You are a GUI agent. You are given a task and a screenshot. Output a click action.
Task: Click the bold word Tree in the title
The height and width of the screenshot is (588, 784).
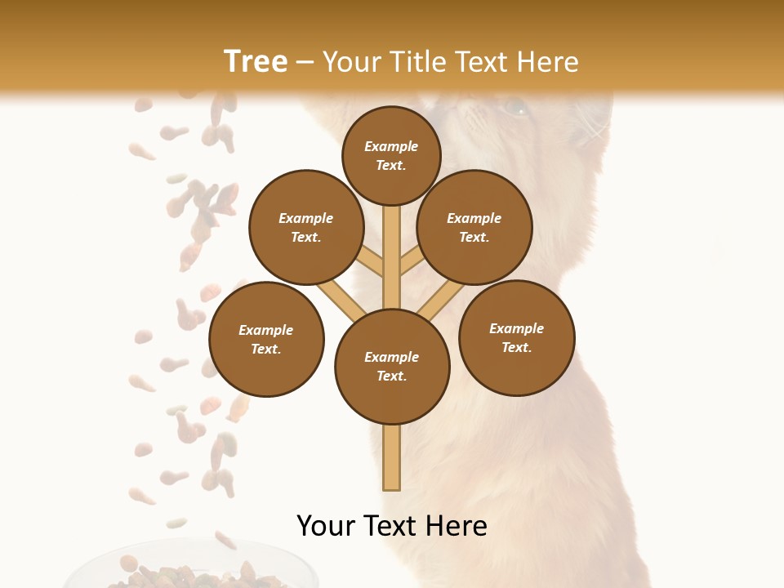click(x=256, y=62)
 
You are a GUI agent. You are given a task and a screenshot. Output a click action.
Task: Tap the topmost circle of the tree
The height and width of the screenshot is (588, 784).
click(x=391, y=155)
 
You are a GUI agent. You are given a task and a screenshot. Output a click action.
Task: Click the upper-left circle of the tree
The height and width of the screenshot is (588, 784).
click(x=306, y=227)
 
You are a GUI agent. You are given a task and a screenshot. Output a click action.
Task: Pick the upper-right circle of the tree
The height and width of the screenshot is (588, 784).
click(x=474, y=227)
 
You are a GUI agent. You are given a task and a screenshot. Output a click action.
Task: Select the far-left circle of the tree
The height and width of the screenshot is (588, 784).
click(x=266, y=339)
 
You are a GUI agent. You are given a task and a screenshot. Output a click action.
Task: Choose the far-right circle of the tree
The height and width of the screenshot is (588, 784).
click(x=516, y=337)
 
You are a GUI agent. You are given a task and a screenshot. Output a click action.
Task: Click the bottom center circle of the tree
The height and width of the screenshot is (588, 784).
click(x=392, y=366)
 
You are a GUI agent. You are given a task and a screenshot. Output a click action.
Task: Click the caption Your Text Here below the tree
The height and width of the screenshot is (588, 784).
click(x=391, y=526)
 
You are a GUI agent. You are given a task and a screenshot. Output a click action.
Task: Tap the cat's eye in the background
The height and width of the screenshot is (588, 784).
click(x=514, y=106)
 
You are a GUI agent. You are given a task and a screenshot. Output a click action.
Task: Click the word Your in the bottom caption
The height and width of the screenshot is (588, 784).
click(x=326, y=526)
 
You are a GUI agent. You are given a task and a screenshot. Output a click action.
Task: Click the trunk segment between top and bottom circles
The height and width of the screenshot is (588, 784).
click(x=392, y=257)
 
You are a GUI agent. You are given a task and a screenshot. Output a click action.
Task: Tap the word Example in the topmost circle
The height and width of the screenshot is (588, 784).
click(x=391, y=146)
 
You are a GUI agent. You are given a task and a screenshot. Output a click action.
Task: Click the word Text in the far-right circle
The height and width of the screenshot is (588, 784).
click(x=514, y=347)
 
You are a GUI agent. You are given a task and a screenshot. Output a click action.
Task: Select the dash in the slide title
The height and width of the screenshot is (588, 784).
click(x=305, y=62)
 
